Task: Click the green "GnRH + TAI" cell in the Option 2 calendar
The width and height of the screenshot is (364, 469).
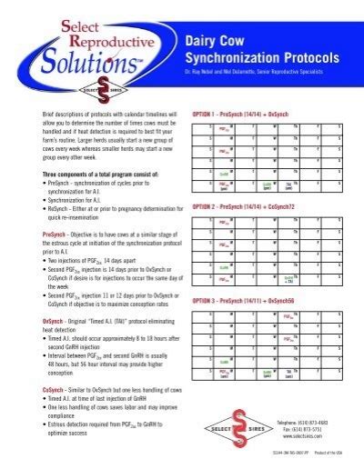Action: pos(288,278)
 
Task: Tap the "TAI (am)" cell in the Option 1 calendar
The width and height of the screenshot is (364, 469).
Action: pos(288,185)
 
